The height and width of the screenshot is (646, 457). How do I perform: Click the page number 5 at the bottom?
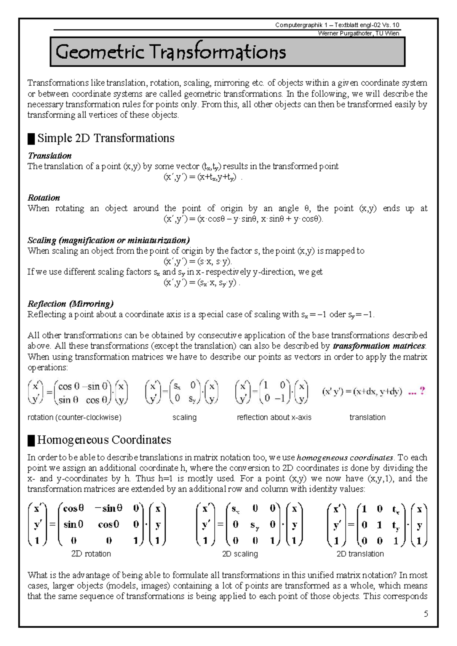click(x=426, y=614)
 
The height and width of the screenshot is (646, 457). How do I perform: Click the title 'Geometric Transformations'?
click(x=171, y=52)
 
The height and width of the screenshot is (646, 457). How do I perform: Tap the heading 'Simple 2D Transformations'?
click(x=105, y=138)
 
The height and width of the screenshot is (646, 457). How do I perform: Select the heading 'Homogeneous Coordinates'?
click(x=104, y=440)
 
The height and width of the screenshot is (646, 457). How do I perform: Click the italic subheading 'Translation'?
click(x=50, y=155)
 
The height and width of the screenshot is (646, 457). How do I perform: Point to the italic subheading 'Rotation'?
click(x=44, y=198)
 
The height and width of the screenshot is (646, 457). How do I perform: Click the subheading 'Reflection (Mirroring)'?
click(x=70, y=304)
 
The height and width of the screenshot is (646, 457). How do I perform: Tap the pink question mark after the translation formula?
click(x=422, y=391)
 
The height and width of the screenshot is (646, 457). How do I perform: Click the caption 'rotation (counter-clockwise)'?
click(x=74, y=417)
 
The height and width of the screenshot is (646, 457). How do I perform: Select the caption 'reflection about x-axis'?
click(x=274, y=417)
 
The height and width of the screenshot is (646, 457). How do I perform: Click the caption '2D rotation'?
click(x=91, y=554)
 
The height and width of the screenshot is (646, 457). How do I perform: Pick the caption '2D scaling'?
click(x=240, y=554)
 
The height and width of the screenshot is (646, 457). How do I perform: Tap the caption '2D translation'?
click(x=360, y=554)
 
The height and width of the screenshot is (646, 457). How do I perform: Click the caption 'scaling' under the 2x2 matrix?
click(x=184, y=417)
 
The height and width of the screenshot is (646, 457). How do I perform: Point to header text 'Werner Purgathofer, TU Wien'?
click(x=358, y=33)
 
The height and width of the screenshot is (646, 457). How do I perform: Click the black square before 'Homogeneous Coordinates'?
click(x=31, y=441)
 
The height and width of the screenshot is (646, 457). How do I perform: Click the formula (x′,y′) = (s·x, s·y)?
click(x=198, y=261)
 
